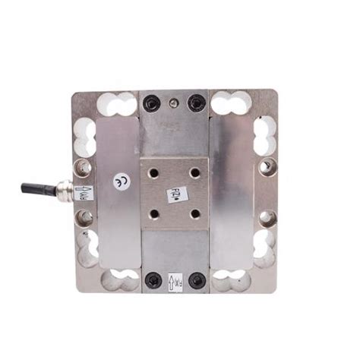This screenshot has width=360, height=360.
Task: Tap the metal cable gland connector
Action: pyautogui.click(x=64, y=188)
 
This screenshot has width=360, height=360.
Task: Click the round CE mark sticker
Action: pyautogui.click(x=121, y=182)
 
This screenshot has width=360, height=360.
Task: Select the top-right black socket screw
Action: pyautogui.click(x=197, y=102)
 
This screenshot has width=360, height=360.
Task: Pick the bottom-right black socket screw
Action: pyautogui.click(x=197, y=281)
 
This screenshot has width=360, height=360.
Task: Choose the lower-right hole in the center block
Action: pyautogui.click(x=196, y=215)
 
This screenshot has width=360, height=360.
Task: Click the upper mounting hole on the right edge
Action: pyautogui.click(x=267, y=166)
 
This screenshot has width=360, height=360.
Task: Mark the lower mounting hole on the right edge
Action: pyautogui.click(x=267, y=218)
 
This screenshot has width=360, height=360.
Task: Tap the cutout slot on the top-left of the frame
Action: pyautogui.click(x=118, y=104)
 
